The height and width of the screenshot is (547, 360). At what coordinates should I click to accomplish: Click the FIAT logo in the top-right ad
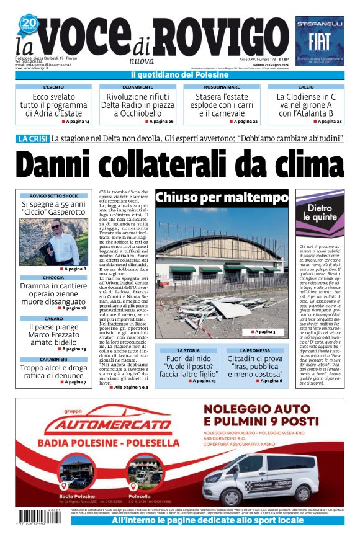[319, 40]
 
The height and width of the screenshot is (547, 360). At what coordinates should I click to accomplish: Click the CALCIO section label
[305, 87]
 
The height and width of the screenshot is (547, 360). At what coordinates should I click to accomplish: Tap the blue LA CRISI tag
[32, 139]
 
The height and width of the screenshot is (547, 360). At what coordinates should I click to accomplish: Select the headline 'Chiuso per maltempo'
[222, 198]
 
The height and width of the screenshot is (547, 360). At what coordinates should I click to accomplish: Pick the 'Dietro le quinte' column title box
[320, 214]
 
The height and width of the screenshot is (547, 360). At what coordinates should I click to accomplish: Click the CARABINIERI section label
[54, 360]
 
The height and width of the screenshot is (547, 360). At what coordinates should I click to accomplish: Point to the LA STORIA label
[187, 351]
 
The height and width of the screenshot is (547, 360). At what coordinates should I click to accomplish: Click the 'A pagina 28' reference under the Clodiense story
[322, 122]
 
